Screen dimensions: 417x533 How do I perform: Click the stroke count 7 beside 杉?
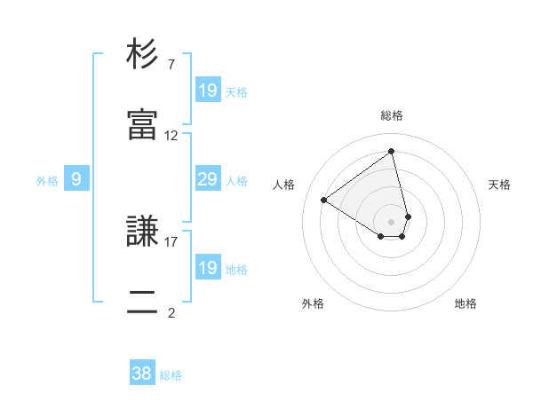coord(171,65)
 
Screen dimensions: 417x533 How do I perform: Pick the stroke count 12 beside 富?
coord(171,136)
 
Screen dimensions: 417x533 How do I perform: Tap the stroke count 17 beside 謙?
coord(171,240)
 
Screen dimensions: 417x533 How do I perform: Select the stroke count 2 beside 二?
coord(171,311)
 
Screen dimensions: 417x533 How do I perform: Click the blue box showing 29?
coord(207,179)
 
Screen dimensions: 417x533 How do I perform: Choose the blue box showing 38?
coord(142,374)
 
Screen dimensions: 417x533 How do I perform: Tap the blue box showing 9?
coord(76,179)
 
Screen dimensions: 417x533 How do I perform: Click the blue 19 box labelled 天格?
coord(207,90)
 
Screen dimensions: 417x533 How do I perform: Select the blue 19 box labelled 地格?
coord(207,268)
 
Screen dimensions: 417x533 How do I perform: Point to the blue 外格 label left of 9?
coord(47,181)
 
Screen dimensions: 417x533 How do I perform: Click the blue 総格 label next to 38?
coord(171,375)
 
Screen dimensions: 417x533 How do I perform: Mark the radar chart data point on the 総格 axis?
coord(391,151)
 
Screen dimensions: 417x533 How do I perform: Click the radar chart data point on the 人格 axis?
coord(324,201)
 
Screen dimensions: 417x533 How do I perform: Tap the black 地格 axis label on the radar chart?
coord(465,304)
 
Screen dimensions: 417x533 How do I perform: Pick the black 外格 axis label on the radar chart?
coord(313,304)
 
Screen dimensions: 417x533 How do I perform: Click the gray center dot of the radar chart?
coord(391,221)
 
